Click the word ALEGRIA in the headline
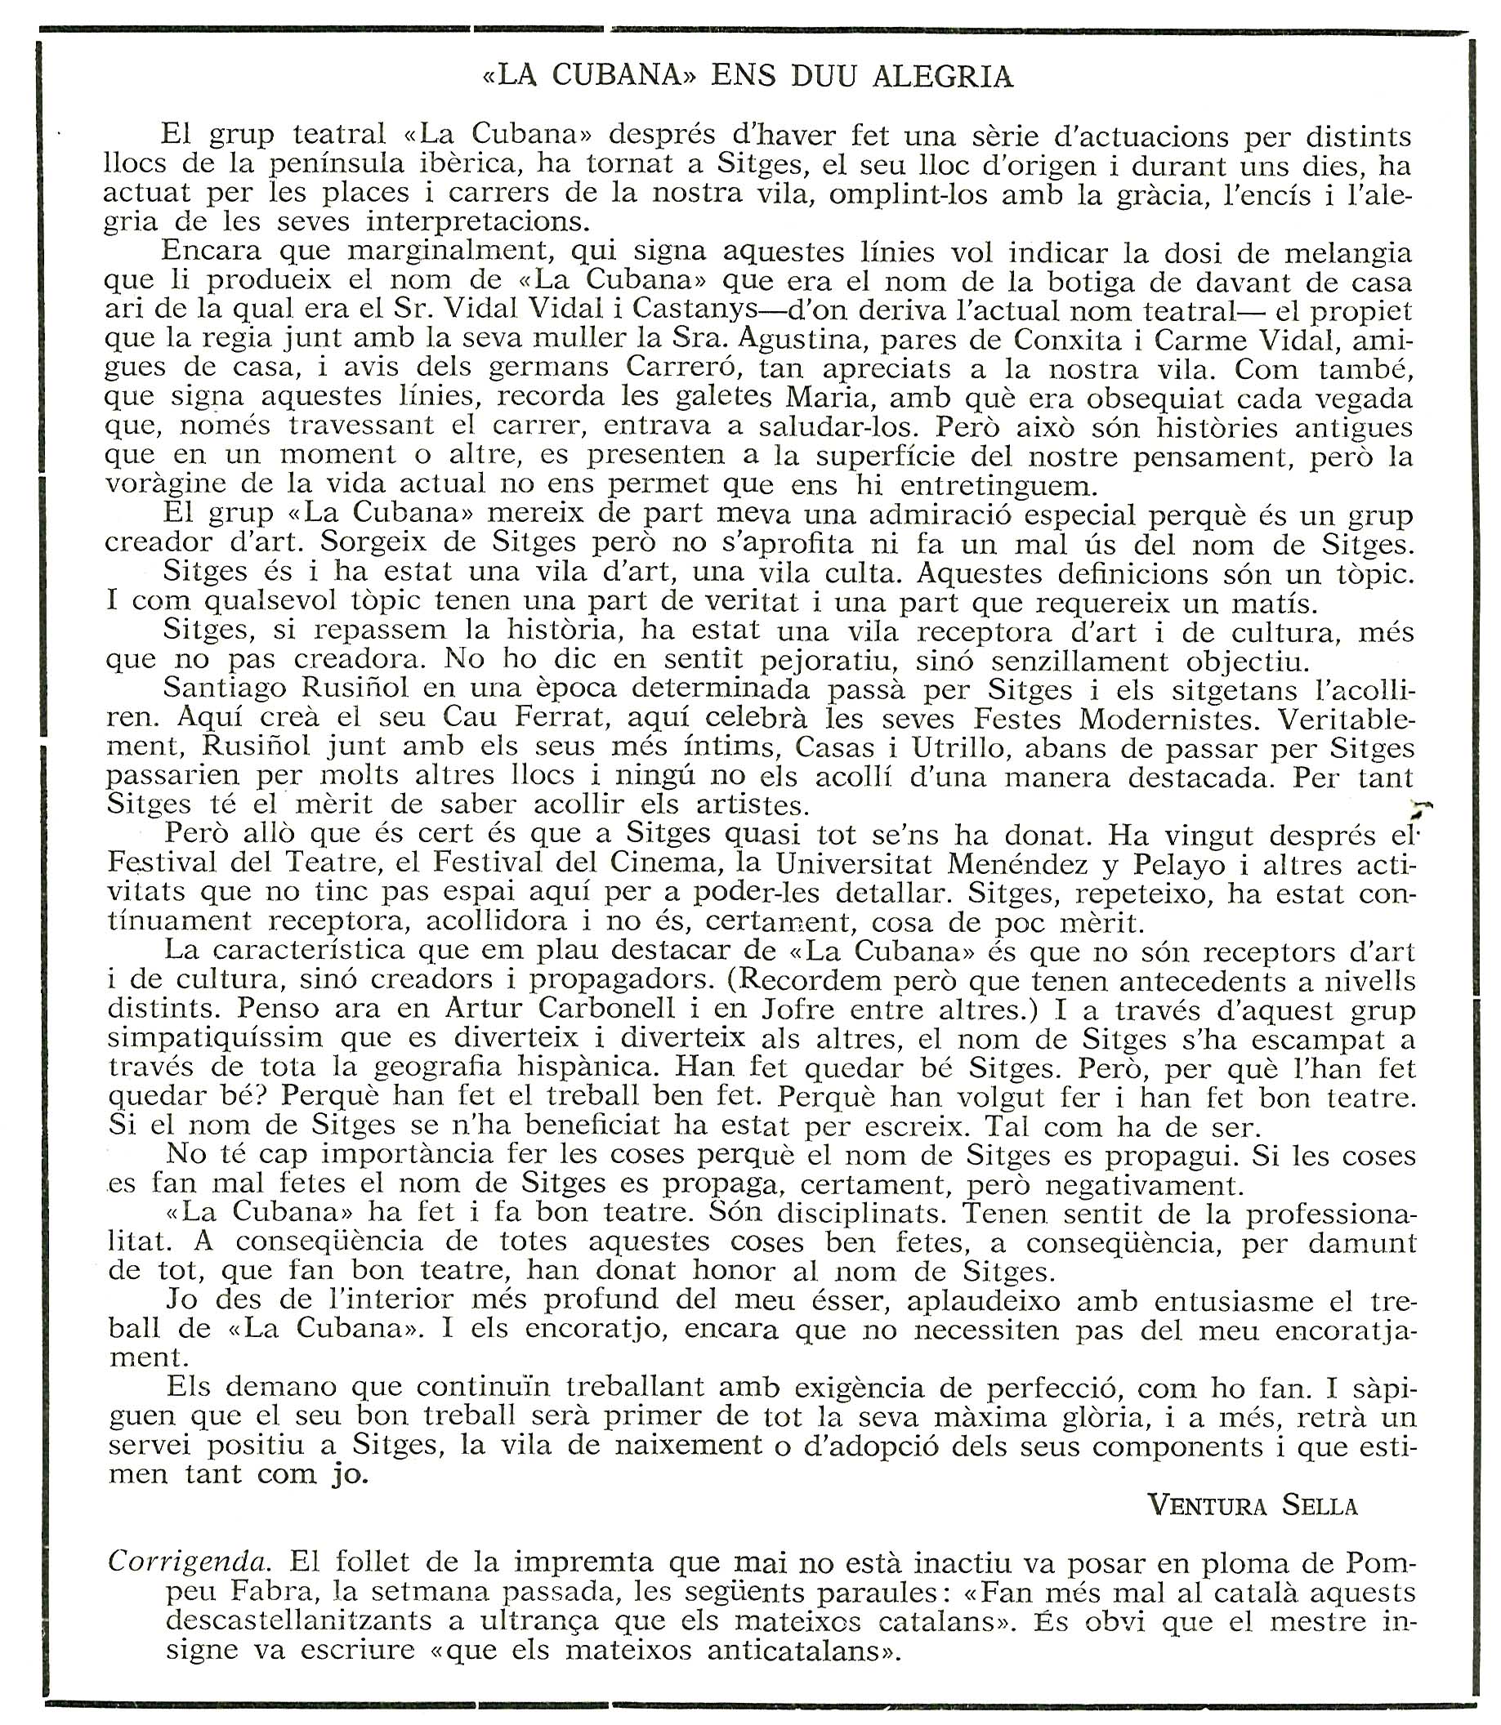942,77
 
